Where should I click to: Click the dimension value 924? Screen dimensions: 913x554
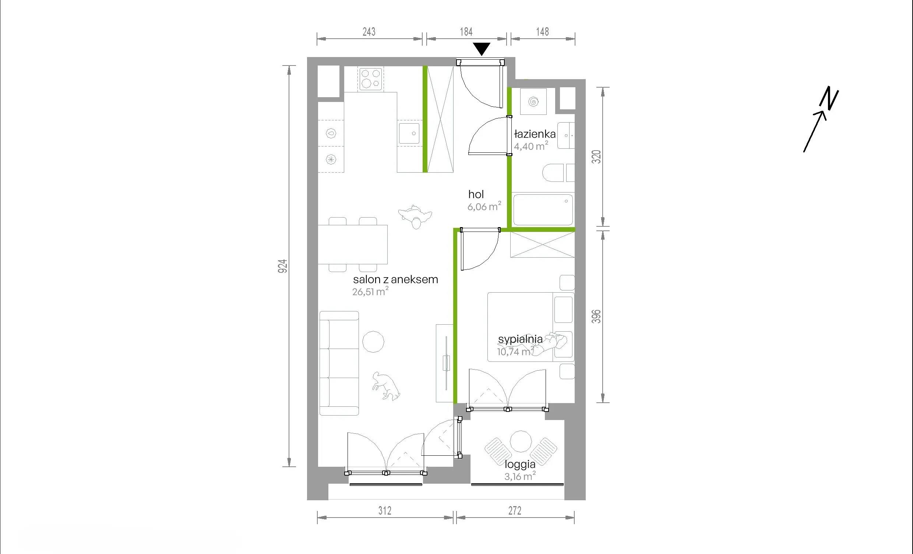pos(283,266)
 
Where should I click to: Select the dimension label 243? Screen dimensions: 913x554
pos(369,32)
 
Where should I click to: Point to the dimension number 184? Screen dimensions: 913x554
pos(466,32)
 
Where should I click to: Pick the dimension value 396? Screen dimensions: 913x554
pos(596,316)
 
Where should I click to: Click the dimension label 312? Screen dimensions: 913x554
pos(385,511)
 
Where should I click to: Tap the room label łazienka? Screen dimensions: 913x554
pos(535,134)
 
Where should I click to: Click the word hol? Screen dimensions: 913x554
pos(476,194)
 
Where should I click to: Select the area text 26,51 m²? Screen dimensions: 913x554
pos(370,291)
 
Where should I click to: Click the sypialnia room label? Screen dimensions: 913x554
pos(520,339)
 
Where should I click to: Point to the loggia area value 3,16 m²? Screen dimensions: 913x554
pos(520,476)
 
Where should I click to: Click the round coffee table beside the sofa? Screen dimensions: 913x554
pos(373,342)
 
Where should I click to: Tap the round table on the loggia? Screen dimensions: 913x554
pos(521,441)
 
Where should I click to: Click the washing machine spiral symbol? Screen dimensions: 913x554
pos(533,102)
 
